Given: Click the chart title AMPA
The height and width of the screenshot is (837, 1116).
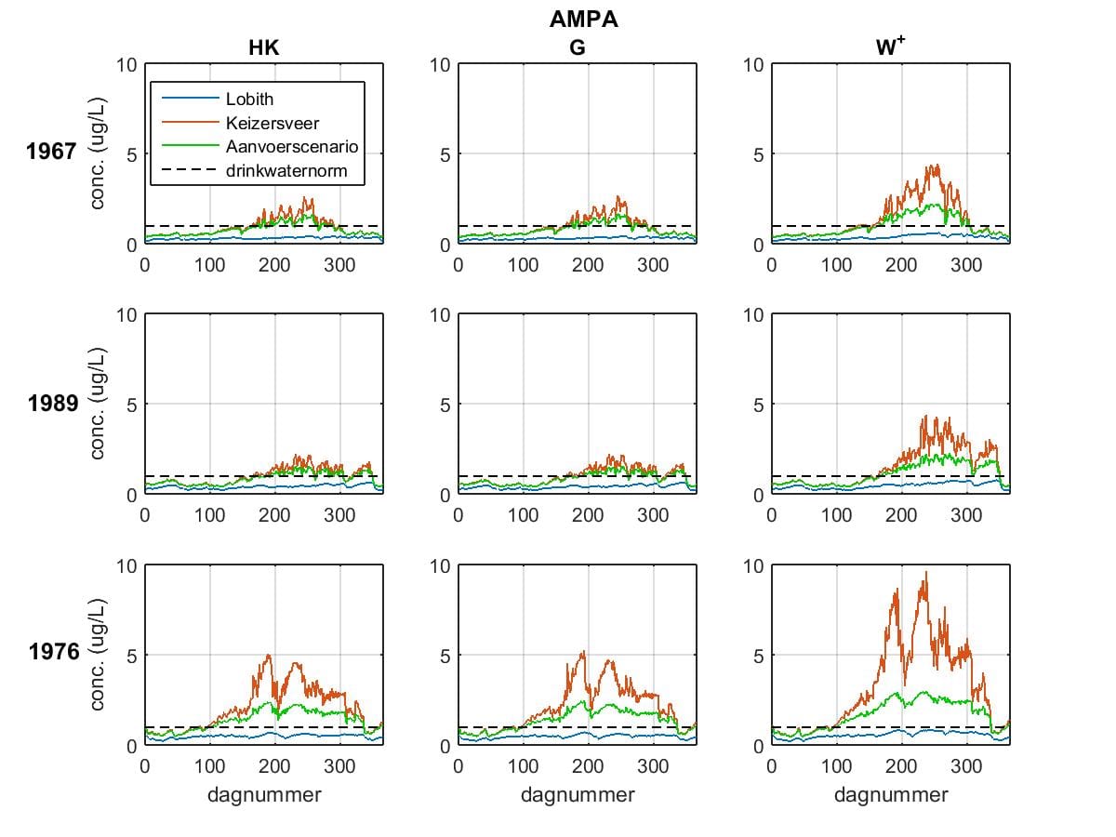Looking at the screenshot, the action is [583, 20].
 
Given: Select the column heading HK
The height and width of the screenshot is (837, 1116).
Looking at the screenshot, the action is [264, 47].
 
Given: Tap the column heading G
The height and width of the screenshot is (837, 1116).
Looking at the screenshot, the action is [578, 47].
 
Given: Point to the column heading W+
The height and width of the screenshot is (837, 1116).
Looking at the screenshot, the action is [890, 46].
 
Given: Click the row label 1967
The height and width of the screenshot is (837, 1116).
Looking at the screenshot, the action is [51, 152].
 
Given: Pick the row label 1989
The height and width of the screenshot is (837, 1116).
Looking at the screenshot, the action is [53, 404].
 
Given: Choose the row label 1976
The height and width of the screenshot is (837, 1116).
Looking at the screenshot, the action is [54, 652].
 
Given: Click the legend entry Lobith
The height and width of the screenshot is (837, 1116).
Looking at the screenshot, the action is [249, 99].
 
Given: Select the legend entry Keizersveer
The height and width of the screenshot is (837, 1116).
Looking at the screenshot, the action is [272, 123].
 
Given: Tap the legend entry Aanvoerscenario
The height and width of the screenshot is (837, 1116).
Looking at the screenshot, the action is [292, 146].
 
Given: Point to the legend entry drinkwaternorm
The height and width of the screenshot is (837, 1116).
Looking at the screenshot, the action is [286, 171].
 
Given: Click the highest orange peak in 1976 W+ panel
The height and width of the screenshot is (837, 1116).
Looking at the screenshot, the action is [926, 572].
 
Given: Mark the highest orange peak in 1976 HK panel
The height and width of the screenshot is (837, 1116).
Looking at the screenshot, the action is [268, 656].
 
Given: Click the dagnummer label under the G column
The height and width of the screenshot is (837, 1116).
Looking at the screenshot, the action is [578, 795].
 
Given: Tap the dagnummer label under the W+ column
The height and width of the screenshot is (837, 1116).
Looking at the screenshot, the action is [891, 795].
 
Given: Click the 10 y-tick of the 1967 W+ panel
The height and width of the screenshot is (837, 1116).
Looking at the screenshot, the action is [753, 65].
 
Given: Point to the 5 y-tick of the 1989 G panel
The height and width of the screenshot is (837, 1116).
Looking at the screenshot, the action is [445, 405].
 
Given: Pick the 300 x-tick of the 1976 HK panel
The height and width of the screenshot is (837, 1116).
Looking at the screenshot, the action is [339, 766].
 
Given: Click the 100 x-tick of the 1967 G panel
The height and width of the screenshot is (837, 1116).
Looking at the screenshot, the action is [523, 265].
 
